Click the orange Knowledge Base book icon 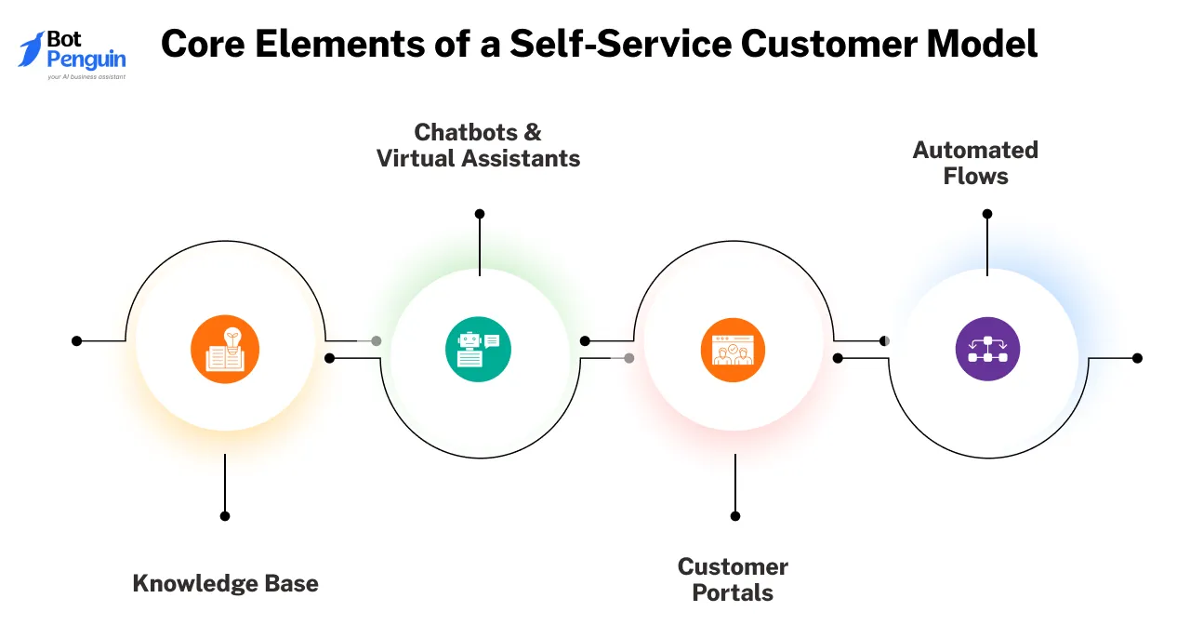point(225,350)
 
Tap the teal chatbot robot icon point(478,350)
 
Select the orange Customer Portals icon point(733,350)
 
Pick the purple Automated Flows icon point(987,350)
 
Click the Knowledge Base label point(225,584)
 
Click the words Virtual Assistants point(478,159)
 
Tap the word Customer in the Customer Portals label point(733,566)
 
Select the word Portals point(733,592)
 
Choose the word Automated point(975,150)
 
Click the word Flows point(975,177)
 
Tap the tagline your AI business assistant point(86,76)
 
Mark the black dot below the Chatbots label point(480,214)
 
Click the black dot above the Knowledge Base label point(225,515)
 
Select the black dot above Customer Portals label point(735,515)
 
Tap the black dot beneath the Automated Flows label point(987,214)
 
